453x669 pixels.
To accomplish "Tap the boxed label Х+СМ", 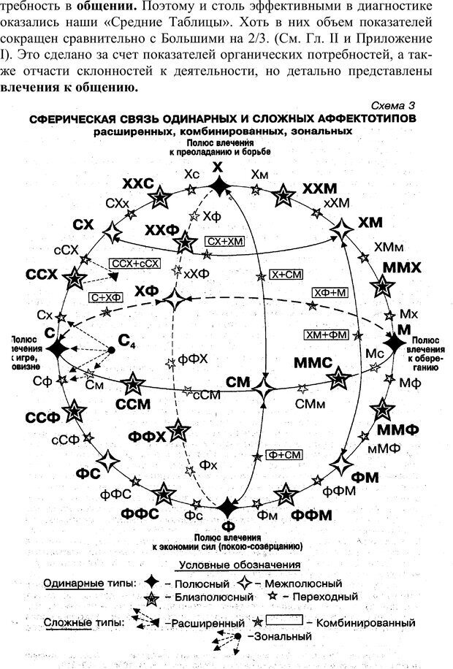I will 286,274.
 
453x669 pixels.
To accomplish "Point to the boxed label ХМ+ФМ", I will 327,334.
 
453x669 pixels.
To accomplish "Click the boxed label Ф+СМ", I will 285,454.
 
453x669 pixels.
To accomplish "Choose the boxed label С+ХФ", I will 107,297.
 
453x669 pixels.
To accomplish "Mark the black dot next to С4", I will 111,350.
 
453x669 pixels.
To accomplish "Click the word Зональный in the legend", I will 281,637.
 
